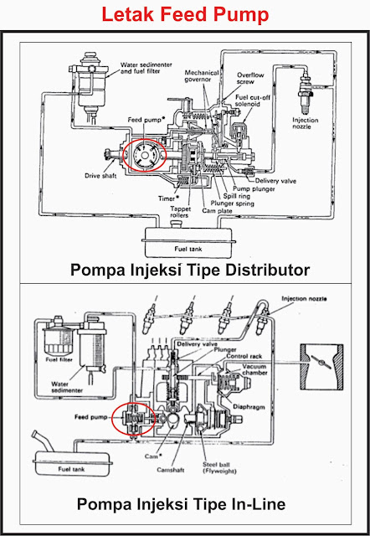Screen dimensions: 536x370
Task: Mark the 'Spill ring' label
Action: click(x=238, y=196)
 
